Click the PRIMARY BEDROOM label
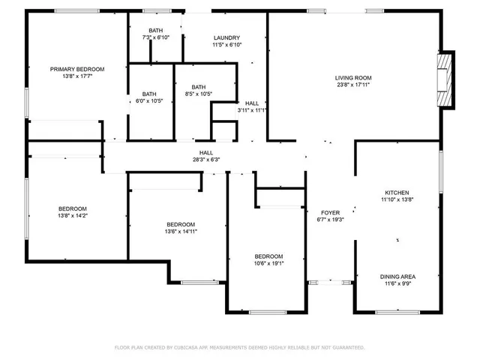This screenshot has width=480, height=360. click(x=77, y=69)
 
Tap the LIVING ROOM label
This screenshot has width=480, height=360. click(x=352, y=78)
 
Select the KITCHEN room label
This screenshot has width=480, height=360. click(x=397, y=193)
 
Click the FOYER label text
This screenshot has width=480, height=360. click(x=330, y=212)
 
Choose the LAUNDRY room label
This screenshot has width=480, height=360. click(x=226, y=37)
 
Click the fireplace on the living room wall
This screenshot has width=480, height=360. click(x=446, y=79)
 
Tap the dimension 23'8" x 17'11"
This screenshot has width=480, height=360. click(x=352, y=85)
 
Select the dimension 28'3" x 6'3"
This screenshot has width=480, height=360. click(x=205, y=159)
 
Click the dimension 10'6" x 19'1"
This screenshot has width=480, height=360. click(x=268, y=263)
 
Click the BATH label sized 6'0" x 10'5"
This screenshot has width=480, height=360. click(x=149, y=94)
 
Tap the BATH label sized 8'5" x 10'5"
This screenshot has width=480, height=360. click(x=198, y=87)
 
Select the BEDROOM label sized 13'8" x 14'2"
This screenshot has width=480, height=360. click(x=73, y=208)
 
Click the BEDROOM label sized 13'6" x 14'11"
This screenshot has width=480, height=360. click(x=181, y=224)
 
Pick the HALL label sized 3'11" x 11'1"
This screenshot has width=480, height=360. click(x=252, y=103)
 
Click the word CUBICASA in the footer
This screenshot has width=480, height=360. click(x=190, y=348)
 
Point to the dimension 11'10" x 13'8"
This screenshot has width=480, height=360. click(x=397, y=199)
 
